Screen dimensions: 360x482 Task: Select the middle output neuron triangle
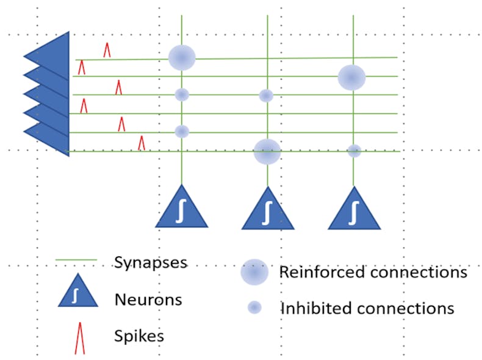(x=267, y=211)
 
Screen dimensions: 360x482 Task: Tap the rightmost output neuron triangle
(x=354, y=211)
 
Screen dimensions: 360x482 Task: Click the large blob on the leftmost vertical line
(x=182, y=58)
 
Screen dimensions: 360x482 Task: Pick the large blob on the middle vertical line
(x=267, y=151)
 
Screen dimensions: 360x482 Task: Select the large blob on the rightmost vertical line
(x=352, y=77)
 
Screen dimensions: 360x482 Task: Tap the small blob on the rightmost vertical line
(x=354, y=151)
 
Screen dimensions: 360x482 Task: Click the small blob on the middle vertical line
(x=266, y=96)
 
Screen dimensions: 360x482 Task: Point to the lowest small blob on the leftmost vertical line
(x=182, y=131)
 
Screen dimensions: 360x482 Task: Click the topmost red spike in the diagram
(x=107, y=49)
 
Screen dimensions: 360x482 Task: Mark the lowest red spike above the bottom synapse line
(x=142, y=143)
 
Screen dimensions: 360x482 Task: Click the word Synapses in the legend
(x=151, y=262)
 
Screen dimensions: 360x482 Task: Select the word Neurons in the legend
(x=148, y=300)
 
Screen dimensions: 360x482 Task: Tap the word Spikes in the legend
(x=139, y=336)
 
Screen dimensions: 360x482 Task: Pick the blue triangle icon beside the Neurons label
(x=77, y=292)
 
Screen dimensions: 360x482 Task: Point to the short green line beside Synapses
(x=76, y=260)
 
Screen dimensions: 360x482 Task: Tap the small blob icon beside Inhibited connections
(x=254, y=308)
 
